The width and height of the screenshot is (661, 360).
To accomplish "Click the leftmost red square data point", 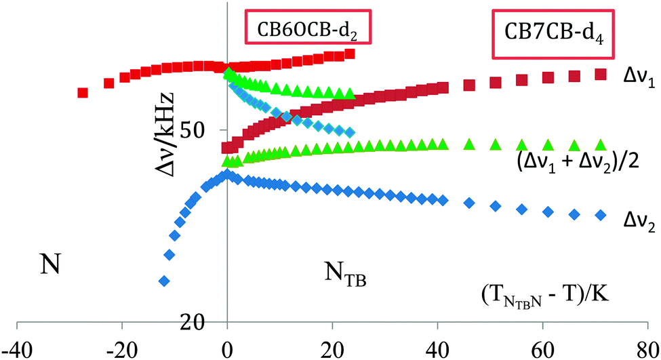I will [x=83, y=93].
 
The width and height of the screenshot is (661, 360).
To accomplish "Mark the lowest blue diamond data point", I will [x=163, y=281].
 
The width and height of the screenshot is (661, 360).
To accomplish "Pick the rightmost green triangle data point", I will [x=600, y=144].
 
